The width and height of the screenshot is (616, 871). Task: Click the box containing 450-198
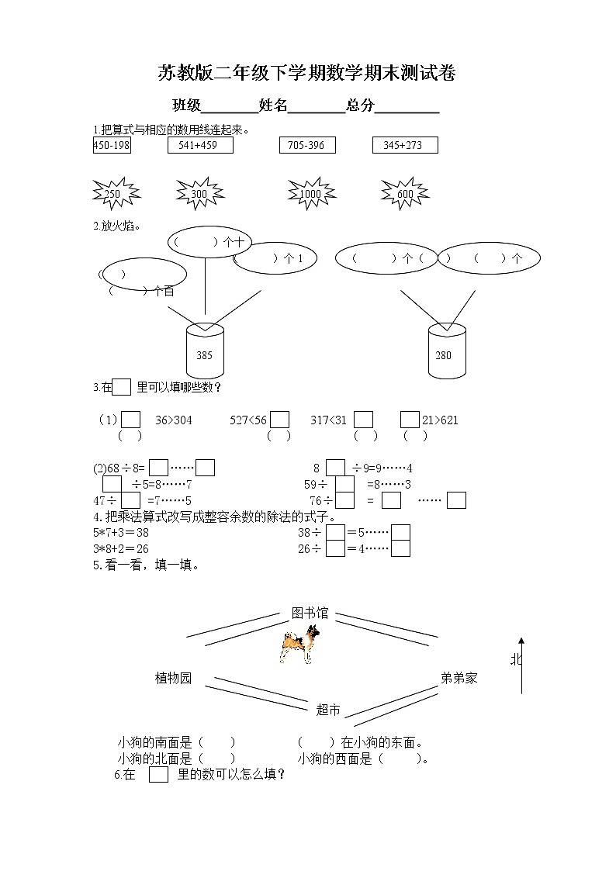pos(112,146)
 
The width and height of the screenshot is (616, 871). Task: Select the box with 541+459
pos(199,146)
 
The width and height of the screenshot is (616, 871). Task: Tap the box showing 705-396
pos(307,146)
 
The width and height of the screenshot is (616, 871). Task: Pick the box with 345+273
pos(404,146)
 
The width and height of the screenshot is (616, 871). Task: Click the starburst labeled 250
pos(114,194)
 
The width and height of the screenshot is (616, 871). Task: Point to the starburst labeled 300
pos(200,194)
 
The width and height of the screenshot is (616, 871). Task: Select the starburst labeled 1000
pos(310,194)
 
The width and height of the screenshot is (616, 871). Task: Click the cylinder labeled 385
pos(205,351)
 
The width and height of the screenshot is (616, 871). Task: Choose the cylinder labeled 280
pos(447,351)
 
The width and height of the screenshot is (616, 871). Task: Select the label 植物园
pos(173,678)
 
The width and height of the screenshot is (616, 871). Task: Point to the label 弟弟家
pos(459,678)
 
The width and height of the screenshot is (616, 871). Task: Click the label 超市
pos(328,710)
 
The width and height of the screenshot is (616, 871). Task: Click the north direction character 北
pos(516,659)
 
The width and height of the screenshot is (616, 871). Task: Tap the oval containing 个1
pos(275,259)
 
